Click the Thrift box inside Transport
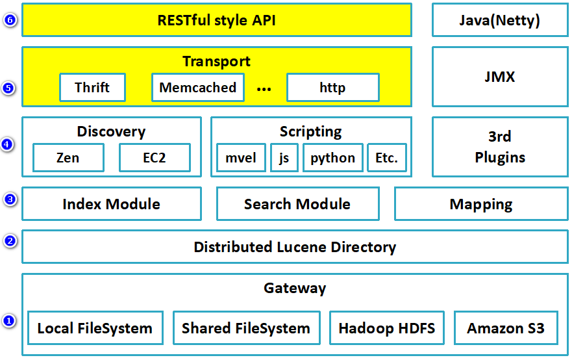click(92, 88)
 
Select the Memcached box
click(198, 88)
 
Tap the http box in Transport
click(332, 88)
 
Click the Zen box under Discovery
click(68, 158)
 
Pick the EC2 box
click(155, 158)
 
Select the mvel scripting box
click(241, 158)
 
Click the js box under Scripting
click(284, 158)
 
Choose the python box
click(332, 158)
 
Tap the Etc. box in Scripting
click(386, 158)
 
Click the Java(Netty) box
click(499, 20)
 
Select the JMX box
click(499, 77)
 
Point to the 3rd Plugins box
click(499, 147)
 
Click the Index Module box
click(111, 204)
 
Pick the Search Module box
click(297, 204)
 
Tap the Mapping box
click(480, 204)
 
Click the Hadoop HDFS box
click(386, 328)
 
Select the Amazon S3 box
click(506, 328)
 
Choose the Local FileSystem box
click(95, 328)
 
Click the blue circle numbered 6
click(8, 20)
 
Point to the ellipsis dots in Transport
click(264, 89)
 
